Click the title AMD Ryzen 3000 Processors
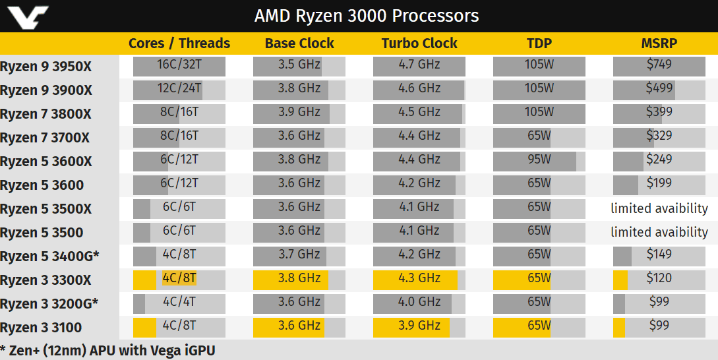pos(367,16)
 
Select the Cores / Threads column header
pos(179,44)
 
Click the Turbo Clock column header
pos(419,44)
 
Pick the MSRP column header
pos(659,44)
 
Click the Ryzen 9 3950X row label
pos(46,67)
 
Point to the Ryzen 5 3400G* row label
pos(49,256)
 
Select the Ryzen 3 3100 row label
pos(42,328)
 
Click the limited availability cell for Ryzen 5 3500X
pos(659,208)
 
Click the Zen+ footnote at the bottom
pos(108,350)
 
